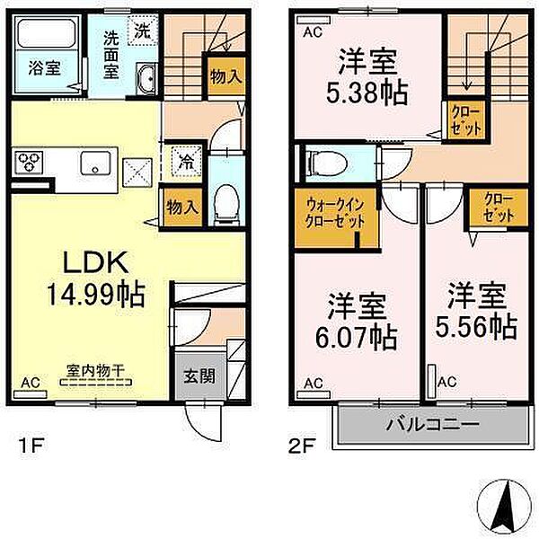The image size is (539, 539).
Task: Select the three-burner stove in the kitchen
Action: pos(30,163)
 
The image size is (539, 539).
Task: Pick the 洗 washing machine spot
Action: pos(141,30)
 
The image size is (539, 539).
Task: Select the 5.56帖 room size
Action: pos(476,324)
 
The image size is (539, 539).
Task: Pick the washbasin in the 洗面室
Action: pos(148,81)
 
